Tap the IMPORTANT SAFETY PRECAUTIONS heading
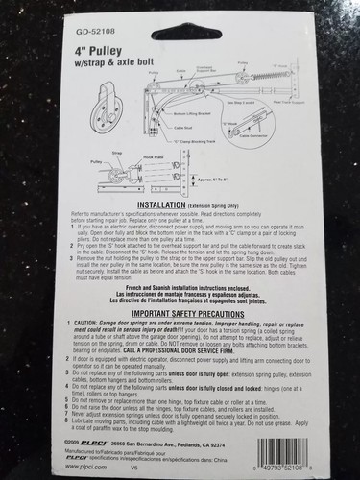coord(179,313)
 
